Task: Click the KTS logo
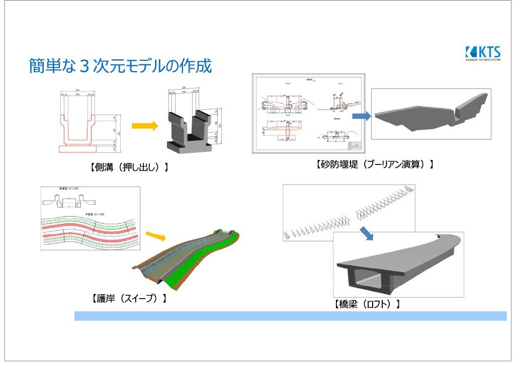point(483,53)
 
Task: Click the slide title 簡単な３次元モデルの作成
point(120,66)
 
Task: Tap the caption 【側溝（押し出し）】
point(129,167)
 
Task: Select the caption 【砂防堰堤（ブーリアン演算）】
point(375,164)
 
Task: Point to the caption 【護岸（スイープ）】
point(129,298)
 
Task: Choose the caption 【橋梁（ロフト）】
point(367,304)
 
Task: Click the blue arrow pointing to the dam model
point(359,116)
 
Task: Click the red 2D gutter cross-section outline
point(78,133)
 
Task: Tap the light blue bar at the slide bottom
point(290,316)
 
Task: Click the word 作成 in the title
point(198,66)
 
